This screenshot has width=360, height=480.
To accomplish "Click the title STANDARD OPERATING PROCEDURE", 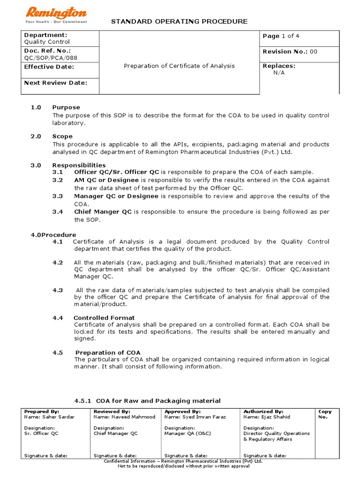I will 179,22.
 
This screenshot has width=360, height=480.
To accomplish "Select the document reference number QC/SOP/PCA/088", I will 51,58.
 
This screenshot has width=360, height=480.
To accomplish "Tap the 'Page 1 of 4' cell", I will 278,36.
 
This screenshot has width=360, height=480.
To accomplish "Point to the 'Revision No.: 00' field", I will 290,52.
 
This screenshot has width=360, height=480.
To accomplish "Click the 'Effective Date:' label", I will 49,67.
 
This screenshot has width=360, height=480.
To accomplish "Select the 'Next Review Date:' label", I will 55,83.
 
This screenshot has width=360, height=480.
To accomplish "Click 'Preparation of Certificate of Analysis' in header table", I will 179,66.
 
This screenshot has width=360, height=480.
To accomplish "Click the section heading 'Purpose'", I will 66,107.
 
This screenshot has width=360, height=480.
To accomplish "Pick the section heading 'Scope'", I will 62,136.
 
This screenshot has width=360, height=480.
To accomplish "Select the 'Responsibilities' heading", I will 79,165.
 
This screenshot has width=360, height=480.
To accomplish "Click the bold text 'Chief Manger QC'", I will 103,212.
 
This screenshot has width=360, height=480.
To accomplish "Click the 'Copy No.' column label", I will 325,414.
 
